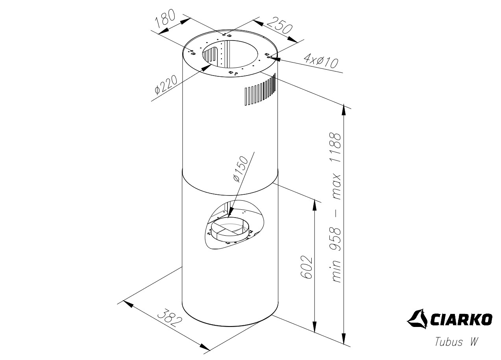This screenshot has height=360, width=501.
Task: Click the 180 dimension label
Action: pos(165,19)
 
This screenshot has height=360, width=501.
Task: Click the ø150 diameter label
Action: pos(240,169)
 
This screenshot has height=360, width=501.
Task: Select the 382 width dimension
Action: pos(170,318)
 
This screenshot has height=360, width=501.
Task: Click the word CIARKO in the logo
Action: pos(462,319)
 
